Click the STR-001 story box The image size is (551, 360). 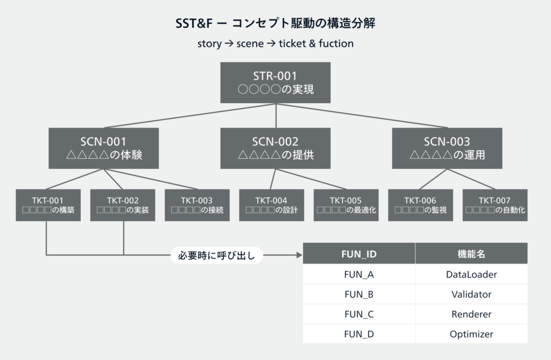click(275, 82)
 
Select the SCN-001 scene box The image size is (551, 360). click(103, 148)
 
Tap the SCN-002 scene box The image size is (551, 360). click(275, 148)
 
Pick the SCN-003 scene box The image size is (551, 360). click(447, 148)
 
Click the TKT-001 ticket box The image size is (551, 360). click(48, 205)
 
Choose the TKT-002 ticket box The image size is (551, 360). click(123, 205)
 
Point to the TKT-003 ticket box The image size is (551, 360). click(197, 205)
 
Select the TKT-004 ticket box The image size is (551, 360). click(271, 205)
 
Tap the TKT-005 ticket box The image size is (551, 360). click(346, 205)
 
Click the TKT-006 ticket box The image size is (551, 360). click(420, 205)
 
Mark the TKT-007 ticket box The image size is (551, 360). click(495, 205)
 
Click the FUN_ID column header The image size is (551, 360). click(359, 253)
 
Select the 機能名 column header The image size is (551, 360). click(471, 253)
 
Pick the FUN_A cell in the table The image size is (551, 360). click(359, 274)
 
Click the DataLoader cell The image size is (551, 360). click(471, 274)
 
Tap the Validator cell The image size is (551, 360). click(471, 294)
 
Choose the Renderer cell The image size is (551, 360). click(471, 314)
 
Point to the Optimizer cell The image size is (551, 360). click(471, 334)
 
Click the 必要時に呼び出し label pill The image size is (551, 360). click(216, 255)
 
